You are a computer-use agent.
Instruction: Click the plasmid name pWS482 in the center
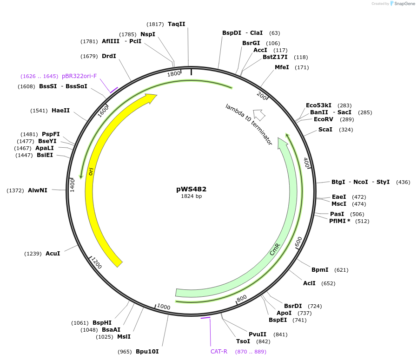click(191, 189)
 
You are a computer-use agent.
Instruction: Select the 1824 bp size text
click(191, 196)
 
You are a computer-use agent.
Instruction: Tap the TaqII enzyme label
click(177, 24)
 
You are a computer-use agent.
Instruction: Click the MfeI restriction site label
click(282, 67)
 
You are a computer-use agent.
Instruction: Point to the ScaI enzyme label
click(325, 129)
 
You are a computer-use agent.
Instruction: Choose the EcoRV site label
click(324, 119)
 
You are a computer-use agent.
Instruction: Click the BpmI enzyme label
click(320, 270)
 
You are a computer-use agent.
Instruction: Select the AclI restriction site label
click(309, 283)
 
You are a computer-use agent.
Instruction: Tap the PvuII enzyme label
click(258, 334)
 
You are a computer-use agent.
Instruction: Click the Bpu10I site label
click(147, 352)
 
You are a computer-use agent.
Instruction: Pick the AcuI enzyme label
click(53, 254)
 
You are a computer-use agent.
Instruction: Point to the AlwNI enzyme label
click(38, 190)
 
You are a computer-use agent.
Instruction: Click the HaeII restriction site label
click(60, 111)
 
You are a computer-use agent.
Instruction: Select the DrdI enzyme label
click(109, 56)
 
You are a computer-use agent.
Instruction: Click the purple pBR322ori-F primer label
click(79, 76)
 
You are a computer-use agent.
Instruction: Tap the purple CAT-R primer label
click(219, 352)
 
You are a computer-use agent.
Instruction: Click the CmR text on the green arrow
click(275, 249)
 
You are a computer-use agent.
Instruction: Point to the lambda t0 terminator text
click(249, 124)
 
